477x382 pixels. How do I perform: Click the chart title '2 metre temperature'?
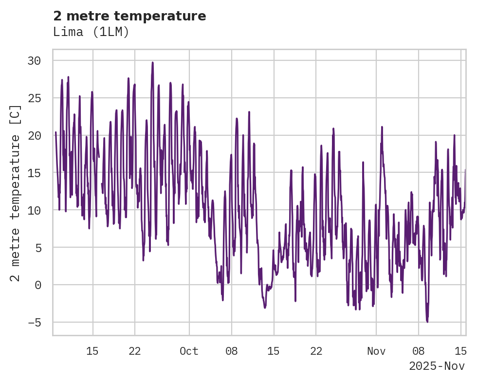click(x=129, y=16)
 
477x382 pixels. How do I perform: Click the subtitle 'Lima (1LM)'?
click(x=91, y=32)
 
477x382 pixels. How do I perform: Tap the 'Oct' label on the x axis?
click(x=189, y=351)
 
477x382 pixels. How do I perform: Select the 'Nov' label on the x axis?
click(x=376, y=351)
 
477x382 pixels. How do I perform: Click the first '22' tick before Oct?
click(x=135, y=351)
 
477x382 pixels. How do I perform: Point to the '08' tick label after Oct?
click(x=232, y=351)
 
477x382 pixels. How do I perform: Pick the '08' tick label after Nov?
click(x=418, y=351)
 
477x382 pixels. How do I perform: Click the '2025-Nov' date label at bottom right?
click(x=437, y=366)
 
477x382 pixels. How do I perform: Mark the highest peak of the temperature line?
click(x=152, y=62)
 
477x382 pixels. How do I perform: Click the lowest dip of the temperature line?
click(x=427, y=322)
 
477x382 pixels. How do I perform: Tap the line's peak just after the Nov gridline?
click(x=382, y=127)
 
